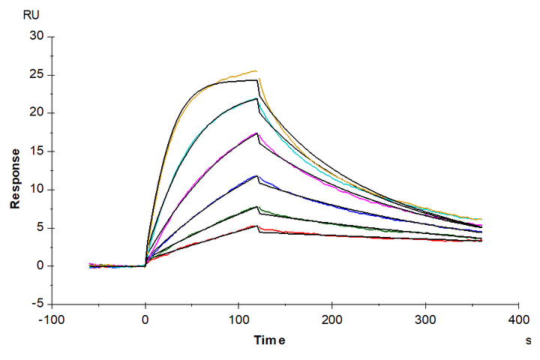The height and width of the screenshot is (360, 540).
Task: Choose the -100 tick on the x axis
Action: coord(51,318)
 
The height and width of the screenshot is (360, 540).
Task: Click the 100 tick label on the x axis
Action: coord(238,318)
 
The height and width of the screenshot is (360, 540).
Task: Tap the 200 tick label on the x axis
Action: coord(332,318)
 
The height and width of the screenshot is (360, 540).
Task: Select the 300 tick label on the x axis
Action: coord(426,318)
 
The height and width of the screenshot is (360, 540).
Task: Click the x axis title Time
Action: coord(268,340)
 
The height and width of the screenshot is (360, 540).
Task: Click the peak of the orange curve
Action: coord(256,71)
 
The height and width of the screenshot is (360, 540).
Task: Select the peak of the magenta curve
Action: coord(257,133)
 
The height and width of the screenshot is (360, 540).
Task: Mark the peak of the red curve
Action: coord(257,225)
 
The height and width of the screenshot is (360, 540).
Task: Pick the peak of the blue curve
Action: coord(257,175)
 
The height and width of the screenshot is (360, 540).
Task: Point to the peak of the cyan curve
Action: coord(257,98)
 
